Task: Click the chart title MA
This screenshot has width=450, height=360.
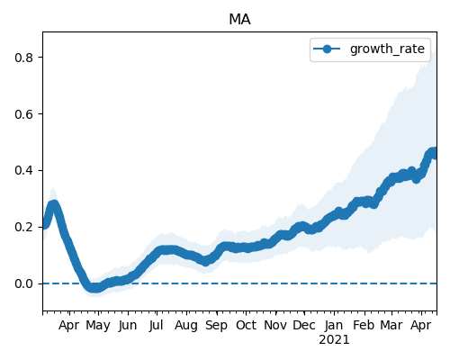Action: [x=239, y=20]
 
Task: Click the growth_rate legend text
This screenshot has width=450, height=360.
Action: [x=387, y=49]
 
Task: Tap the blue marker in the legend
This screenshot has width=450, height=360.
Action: [x=327, y=49]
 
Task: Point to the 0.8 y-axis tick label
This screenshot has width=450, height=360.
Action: [x=23, y=58]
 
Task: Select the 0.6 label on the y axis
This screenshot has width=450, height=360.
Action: [x=23, y=114]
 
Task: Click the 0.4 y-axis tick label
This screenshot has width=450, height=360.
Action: [x=23, y=170]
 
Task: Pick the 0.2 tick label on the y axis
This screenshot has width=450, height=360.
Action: [x=23, y=227]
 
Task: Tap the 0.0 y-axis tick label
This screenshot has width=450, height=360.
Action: [x=23, y=283]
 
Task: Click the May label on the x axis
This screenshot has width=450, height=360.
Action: [x=98, y=326]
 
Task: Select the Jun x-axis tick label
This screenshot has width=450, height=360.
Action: [x=128, y=326]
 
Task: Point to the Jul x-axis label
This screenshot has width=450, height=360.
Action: [x=157, y=326]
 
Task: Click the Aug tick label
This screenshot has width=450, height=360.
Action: [x=186, y=326]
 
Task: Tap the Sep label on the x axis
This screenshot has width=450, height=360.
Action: [x=216, y=326]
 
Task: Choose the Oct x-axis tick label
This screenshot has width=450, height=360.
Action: [x=246, y=325]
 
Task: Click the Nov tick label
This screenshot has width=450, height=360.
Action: [x=275, y=325]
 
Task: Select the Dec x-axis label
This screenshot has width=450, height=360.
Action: [x=304, y=325]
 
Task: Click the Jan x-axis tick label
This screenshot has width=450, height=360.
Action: [x=334, y=326]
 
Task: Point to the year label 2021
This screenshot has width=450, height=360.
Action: [x=334, y=340]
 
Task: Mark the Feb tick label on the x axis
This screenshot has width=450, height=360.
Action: [x=364, y=325]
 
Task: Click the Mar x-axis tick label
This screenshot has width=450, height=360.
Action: [x=391, y=325]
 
